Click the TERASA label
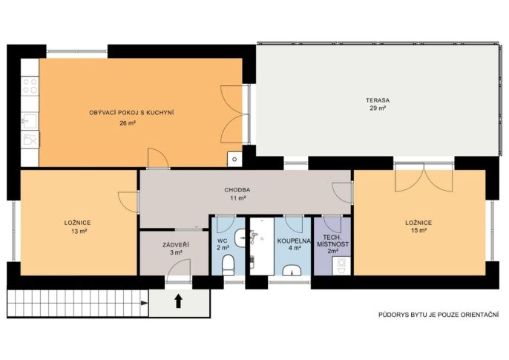[378, 100]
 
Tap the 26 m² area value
[128, 123]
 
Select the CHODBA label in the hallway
[237, 190]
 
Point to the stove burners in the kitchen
[30, 85]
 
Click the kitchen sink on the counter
[30, 121]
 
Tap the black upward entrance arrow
[178, 301]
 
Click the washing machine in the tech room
[341, 266]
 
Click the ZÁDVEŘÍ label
[176, 245]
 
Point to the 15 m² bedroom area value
[418, 231]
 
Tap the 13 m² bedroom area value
[79, 231]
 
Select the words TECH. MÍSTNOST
[333, 240]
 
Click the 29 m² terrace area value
[378, 108]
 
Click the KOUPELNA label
[294, 241]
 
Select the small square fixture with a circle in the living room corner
[234, 159]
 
